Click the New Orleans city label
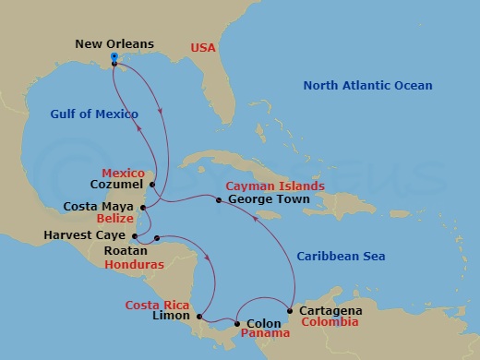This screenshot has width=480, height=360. [x=115, y=42]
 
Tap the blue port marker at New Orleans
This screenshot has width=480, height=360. [x=114, y=57]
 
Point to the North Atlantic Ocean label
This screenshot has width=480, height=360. [x=367, y=86]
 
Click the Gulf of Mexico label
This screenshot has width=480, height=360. [x=95, y=114]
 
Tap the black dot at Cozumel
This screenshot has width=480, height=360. [x=152, y=183]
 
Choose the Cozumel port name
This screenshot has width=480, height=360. [x=119, y=184]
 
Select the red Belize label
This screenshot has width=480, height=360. [x=116, y=220]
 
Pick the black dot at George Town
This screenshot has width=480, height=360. [x=219, y=199]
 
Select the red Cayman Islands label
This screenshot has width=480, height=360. [x=274, y=186]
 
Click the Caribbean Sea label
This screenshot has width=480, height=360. [x=341, y=256]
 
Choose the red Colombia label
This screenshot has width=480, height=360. [x=325, y=324]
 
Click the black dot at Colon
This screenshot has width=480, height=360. [x=237, y=323]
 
